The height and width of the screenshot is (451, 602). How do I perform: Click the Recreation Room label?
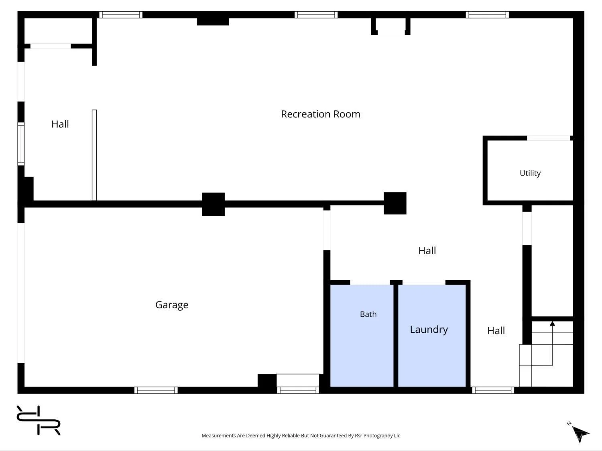(x=320, y=114)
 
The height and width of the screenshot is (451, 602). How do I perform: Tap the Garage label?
(x=172, y=305)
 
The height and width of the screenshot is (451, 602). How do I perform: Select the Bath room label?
(x=368, y=314)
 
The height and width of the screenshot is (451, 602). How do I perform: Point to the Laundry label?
(x=429, y=330)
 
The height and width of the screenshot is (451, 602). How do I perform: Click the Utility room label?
(x=530, y=173)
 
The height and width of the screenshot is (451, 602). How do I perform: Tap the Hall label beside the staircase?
(x=496, y=330)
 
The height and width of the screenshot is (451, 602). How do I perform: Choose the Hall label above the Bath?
(x=427, y=251)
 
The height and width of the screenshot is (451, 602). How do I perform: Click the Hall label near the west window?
(x=60, y=124)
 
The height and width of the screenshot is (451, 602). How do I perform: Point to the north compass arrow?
(x=580, y=434)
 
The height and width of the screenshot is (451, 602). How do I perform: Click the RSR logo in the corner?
(x=39, y=420)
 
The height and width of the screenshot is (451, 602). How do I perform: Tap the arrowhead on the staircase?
(x=552, y=324)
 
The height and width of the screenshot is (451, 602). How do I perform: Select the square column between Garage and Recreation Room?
(x=214, y=204)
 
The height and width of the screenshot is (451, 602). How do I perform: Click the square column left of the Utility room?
(x=395, y=203)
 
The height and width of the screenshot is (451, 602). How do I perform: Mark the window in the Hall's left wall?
(x=21, y=144)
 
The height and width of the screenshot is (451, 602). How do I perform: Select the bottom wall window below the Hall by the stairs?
(x=493, y=390)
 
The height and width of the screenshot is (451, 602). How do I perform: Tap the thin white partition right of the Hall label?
(x=94, y=155)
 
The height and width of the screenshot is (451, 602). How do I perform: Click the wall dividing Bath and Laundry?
(x=396, y=336)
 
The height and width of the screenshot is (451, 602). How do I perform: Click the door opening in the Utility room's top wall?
(x=549, y=138)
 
